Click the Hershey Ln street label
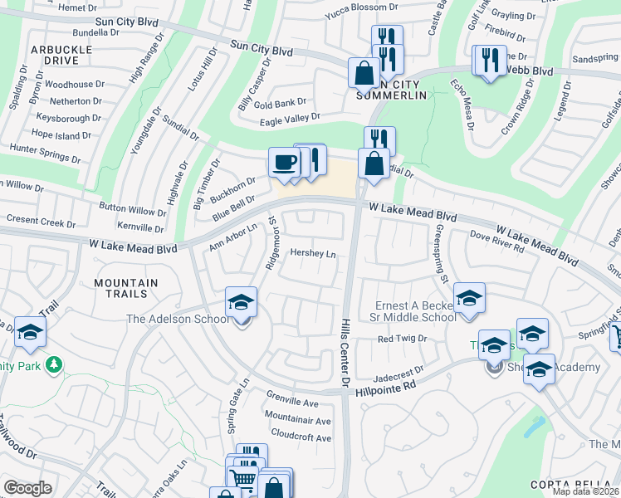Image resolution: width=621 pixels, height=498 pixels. [x=313, y=254]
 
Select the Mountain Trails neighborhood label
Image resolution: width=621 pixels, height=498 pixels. [x=126, y=288]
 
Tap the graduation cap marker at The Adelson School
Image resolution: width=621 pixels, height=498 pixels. [x=242, y=302]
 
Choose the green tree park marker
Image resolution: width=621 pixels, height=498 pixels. [x=54, y=364]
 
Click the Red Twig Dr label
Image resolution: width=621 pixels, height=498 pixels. [x=402, y=339]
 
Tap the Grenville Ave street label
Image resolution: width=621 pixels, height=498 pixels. [x=292, y=403]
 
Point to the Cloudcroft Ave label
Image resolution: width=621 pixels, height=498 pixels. [x=301, y=435]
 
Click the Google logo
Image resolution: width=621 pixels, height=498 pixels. [x=28, y=488]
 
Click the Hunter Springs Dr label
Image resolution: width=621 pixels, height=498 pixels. [x=46, y=148]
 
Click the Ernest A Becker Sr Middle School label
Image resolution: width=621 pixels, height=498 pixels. [x=413, y=311]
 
